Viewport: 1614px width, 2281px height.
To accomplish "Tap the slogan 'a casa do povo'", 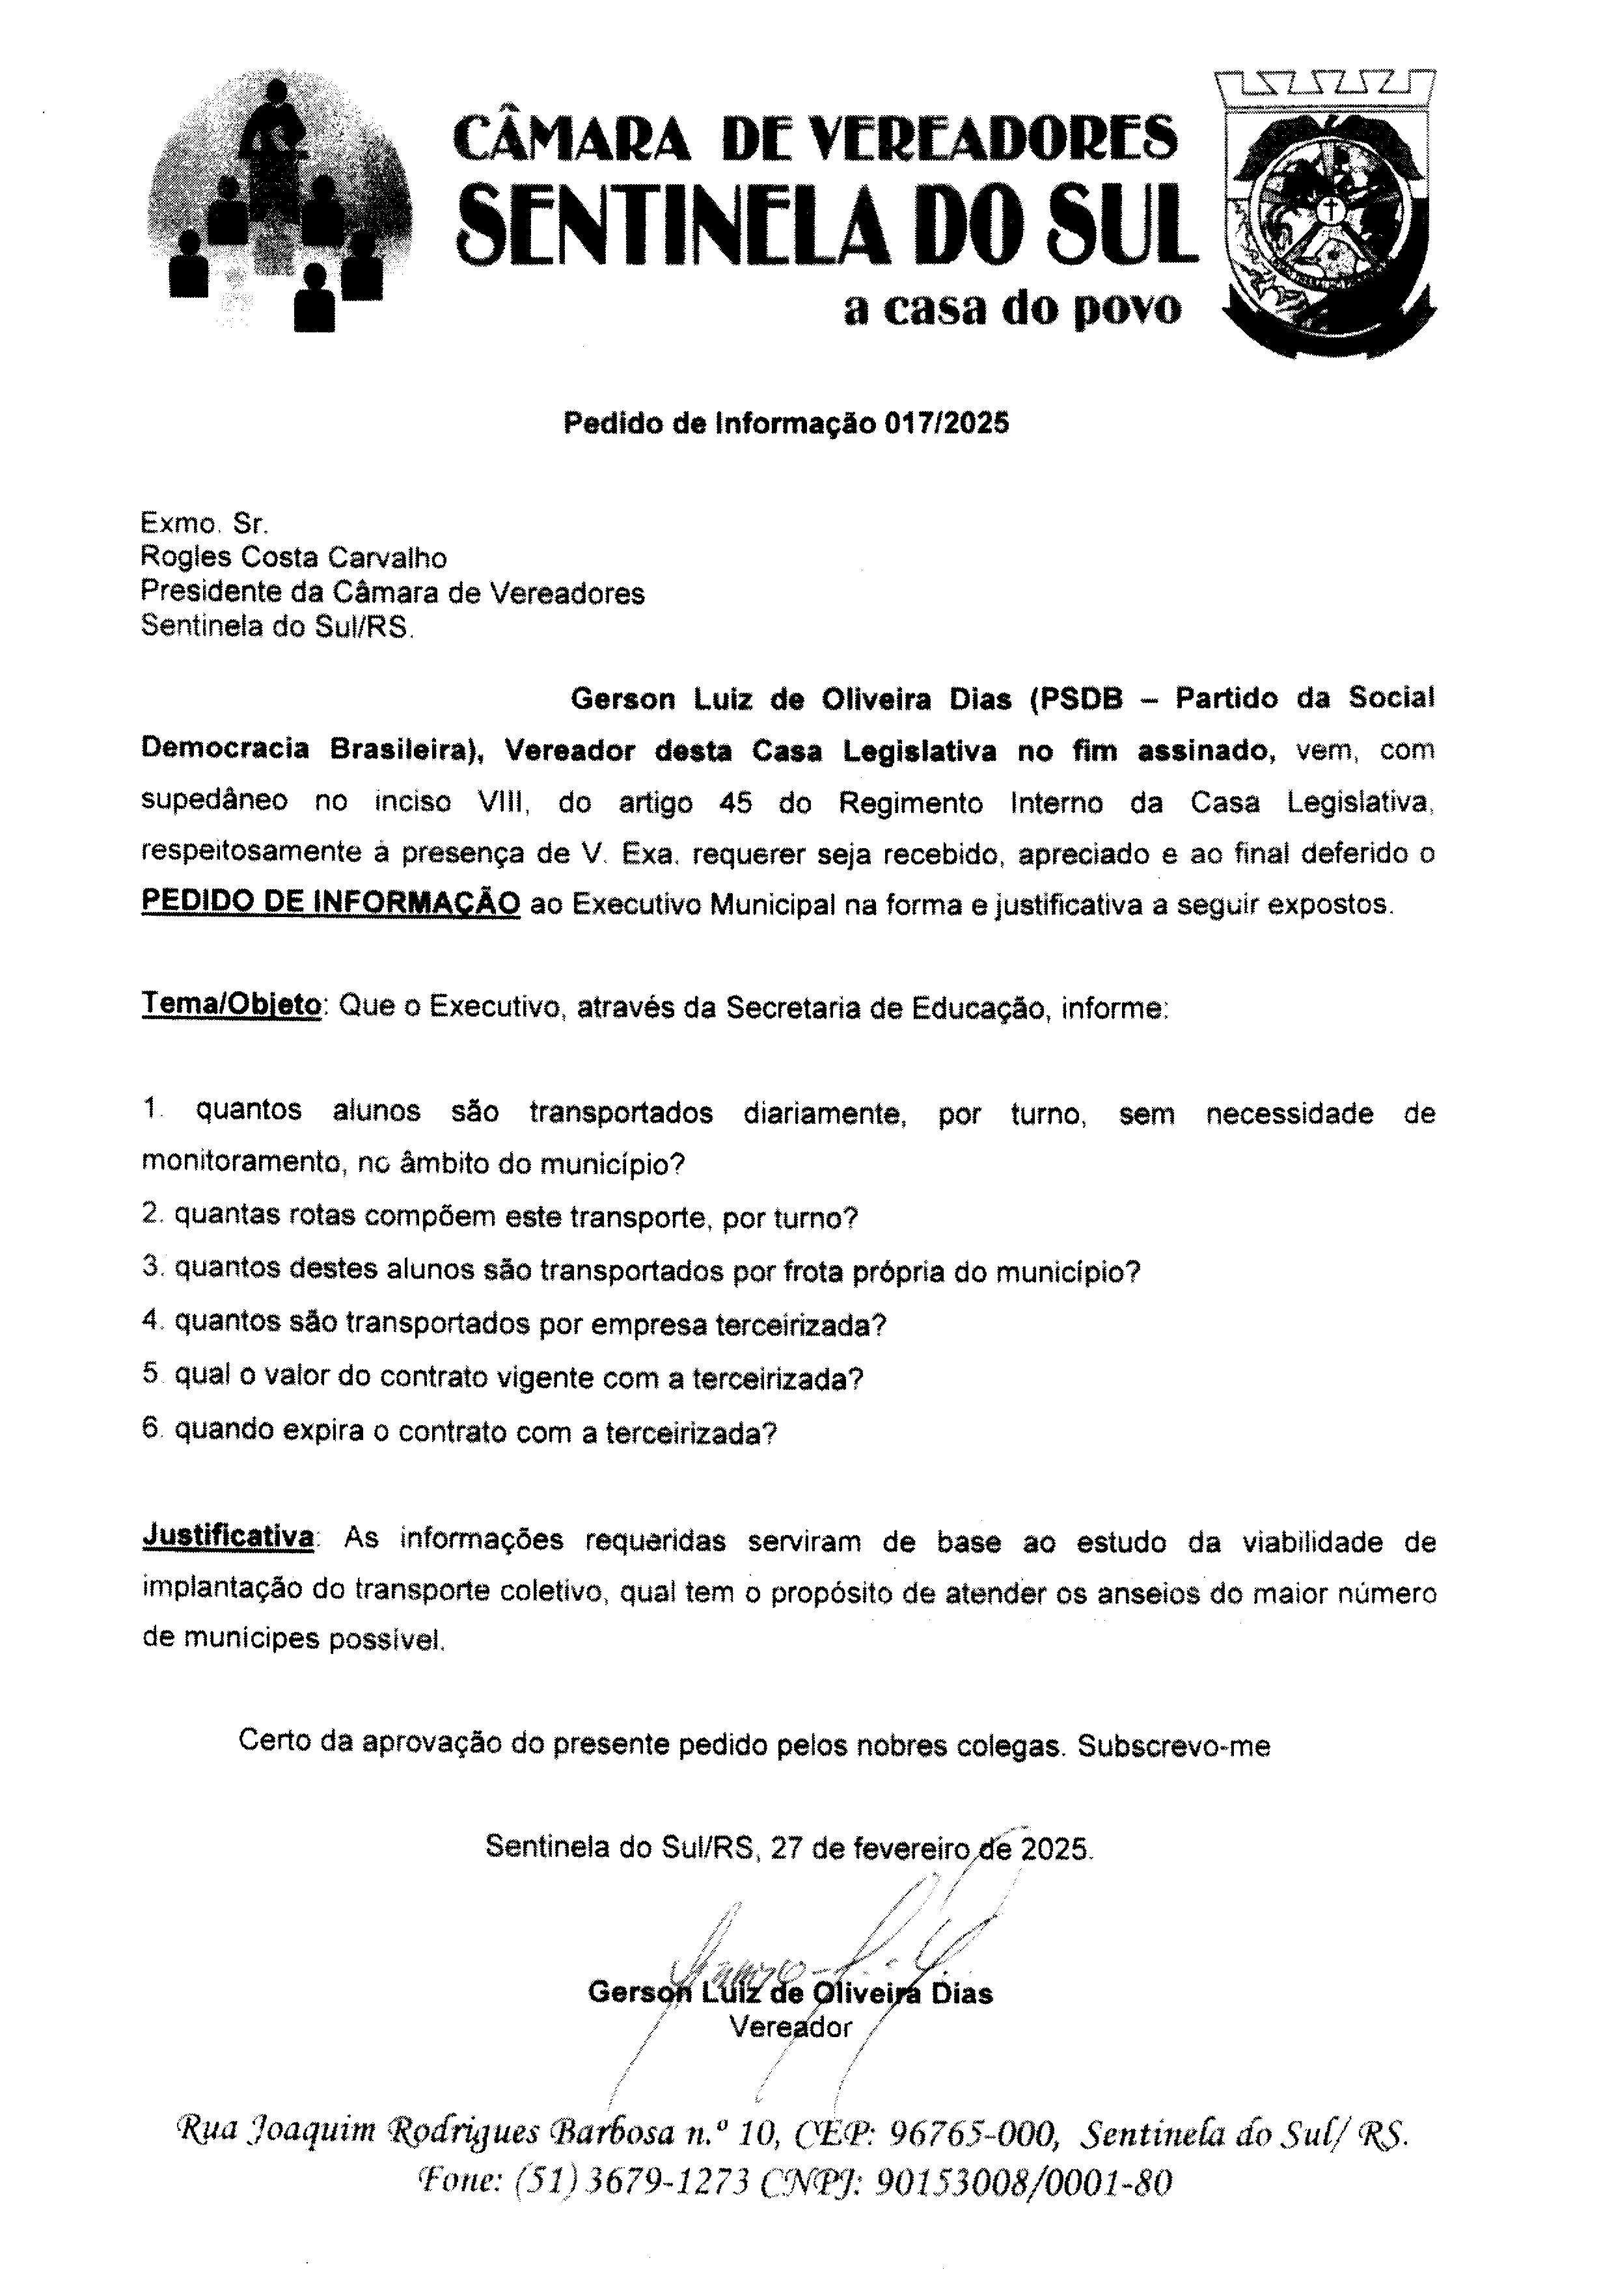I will (1012, 309).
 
